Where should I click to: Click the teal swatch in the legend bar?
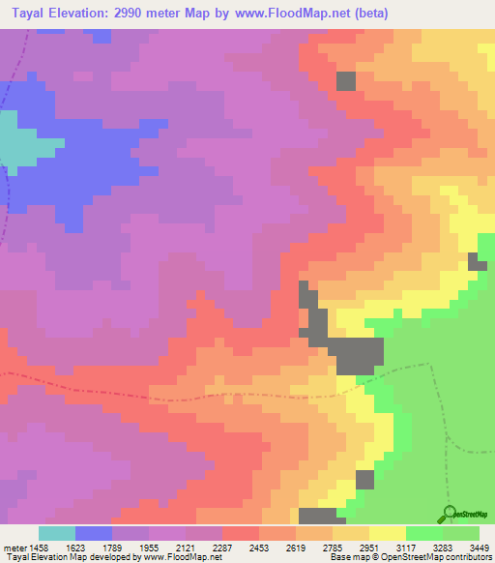(x=57, y=533)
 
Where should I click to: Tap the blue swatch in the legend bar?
(x=94, y=533)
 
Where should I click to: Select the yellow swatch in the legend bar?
(x=388, y=533)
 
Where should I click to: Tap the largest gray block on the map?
(x=358, y=354)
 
